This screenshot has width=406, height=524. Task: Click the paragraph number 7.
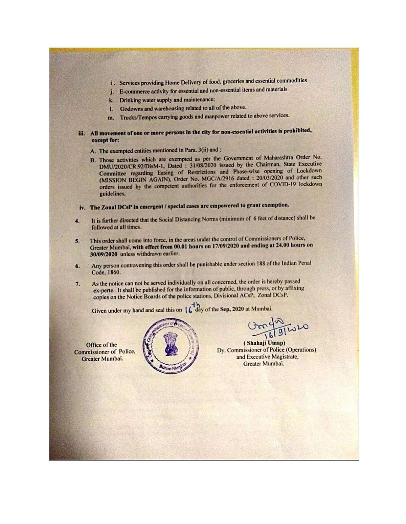77,284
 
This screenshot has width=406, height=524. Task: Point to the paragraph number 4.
77,221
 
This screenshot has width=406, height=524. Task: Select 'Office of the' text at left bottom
101,345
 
